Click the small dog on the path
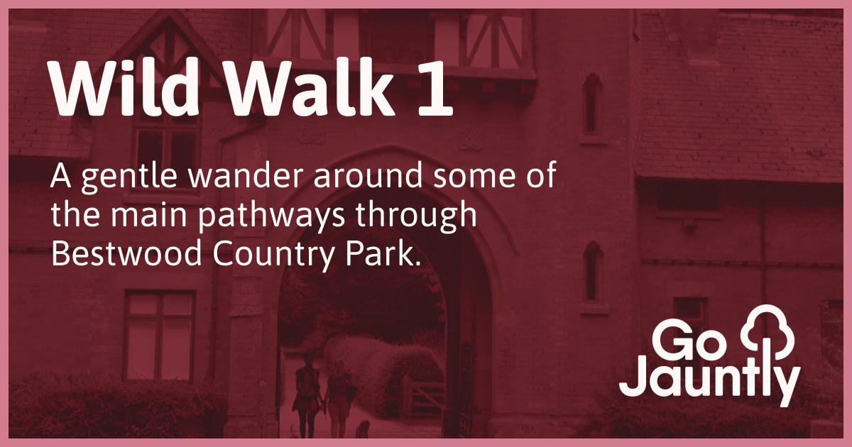pyautogui.click(x=363, y=429)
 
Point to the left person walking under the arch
pyautogui.click(x=307, y=394)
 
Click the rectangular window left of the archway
pyautogui.click(x=160, y=334)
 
